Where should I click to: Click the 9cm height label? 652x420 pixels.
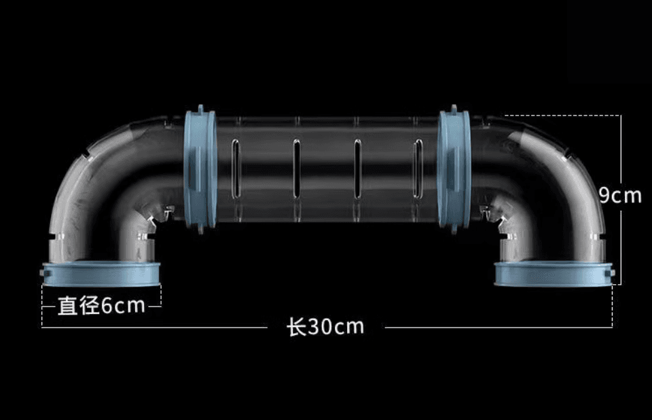(620, 195)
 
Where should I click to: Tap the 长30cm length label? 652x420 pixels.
(325, 327)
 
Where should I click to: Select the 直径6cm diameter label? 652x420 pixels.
(101, 306)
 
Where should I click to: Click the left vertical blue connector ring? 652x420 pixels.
(200, 169)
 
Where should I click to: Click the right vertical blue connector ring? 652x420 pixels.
(454, 169)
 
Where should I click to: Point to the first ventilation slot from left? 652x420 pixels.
(236, 168)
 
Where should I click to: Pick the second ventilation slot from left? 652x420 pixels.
(297, 168)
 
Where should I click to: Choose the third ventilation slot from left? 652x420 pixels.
(357, 168)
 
